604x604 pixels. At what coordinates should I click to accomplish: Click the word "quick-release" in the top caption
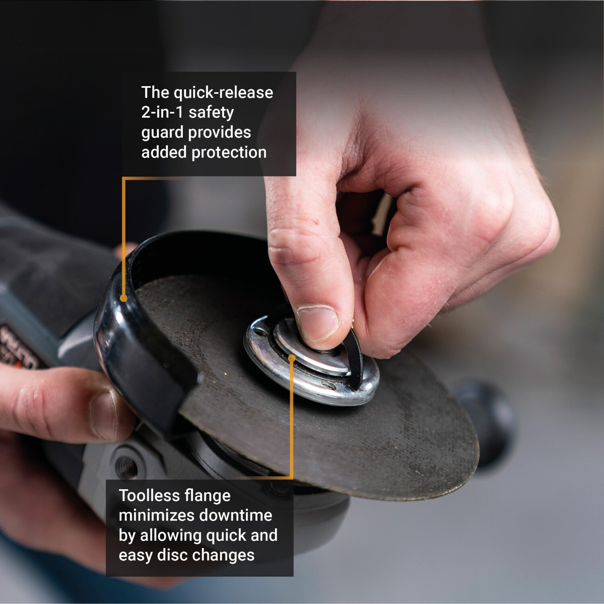[223, 93]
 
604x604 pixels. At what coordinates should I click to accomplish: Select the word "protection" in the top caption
[229, 153]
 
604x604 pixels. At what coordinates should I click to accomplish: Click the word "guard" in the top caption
[163, 133]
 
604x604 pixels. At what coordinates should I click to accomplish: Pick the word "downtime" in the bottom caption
[236, 515]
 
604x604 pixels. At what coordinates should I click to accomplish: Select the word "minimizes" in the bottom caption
[157, 515]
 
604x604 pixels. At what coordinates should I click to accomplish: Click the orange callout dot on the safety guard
[124, 298]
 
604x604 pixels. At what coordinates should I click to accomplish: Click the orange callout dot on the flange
[292, 358]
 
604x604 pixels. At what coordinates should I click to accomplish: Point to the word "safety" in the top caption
[211, 113]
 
